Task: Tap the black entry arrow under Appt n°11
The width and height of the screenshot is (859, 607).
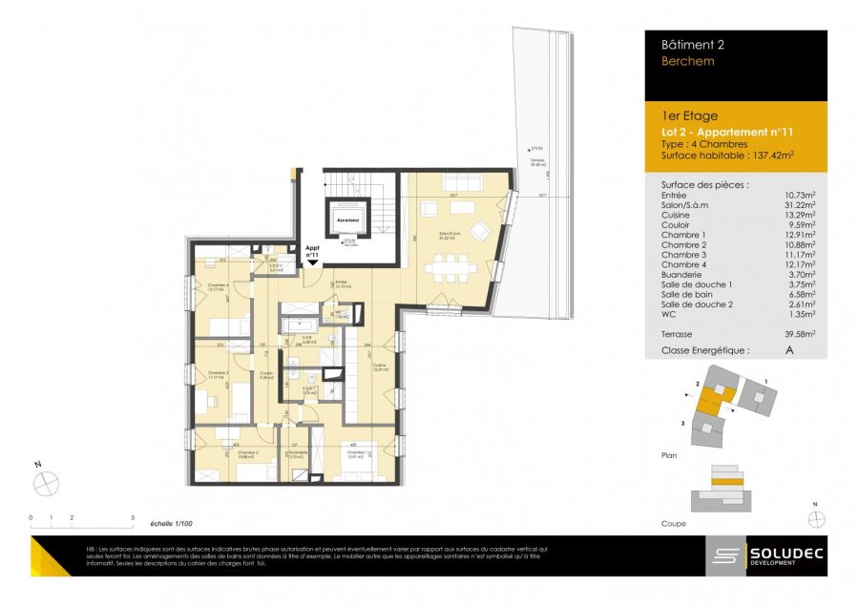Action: tap(311, 264)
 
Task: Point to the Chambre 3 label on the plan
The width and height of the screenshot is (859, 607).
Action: tap(220, 375)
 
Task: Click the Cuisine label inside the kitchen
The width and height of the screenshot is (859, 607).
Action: tap(379, 366)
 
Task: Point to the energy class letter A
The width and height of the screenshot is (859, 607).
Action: tap(788, 350)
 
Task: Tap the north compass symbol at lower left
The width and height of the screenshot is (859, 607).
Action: tap(46, 483)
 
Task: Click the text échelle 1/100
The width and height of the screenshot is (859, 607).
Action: tap(172, 524)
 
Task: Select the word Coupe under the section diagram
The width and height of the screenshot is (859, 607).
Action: tap(673, 524)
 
